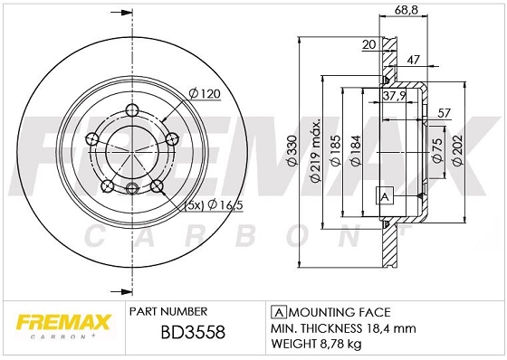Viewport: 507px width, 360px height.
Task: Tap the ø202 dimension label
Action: pyautogui.click(x=458, y=150)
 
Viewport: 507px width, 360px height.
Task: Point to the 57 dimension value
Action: pyautogui.click(x=444, y=113)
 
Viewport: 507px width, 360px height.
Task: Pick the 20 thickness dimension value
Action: pyautogui.click(x=368, y=43)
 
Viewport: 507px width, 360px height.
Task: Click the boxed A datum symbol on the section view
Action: pyautogui.click(x=383, y=196)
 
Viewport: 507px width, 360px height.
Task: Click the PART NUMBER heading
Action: pyautogui.click(x=169, y=308)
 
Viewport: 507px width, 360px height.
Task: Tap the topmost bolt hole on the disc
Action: pyautogui.click(x=131, y=109)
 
